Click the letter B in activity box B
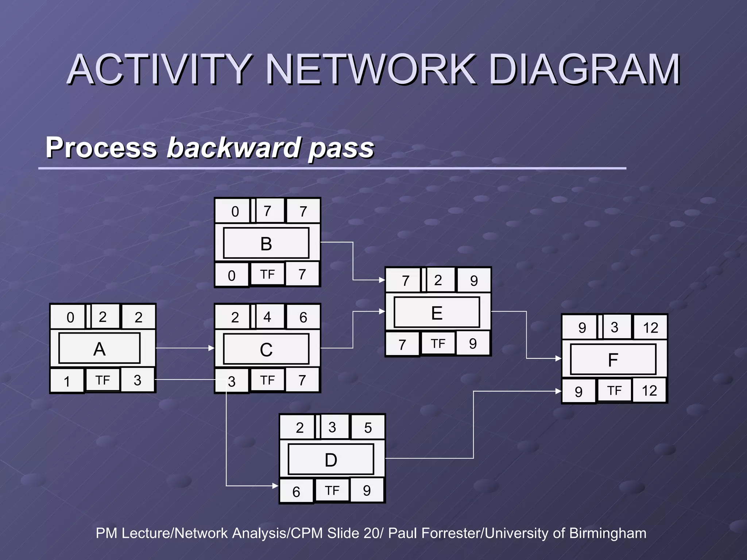(x=266, y=244)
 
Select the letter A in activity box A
(x=99, y=349)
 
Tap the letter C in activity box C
(x=266, y=350)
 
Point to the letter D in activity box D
(x=331, y=460)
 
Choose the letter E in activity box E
(x=437, y=313)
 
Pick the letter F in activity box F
(x=613, y=360)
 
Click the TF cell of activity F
(x=614, y=390)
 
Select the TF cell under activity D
(x=332, y=490)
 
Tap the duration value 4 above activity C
(x=267, y=317)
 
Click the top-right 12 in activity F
(x=650, y=328)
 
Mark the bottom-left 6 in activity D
(x=296, y=492)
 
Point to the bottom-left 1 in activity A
(x=67, y=381)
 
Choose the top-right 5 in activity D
(x=368, y=428)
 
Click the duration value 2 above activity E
(x=438, y=280)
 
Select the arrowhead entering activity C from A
(x=212, y=348)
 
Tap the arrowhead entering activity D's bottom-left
(x=276, y=486)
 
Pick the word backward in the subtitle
(x=233, y=147)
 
